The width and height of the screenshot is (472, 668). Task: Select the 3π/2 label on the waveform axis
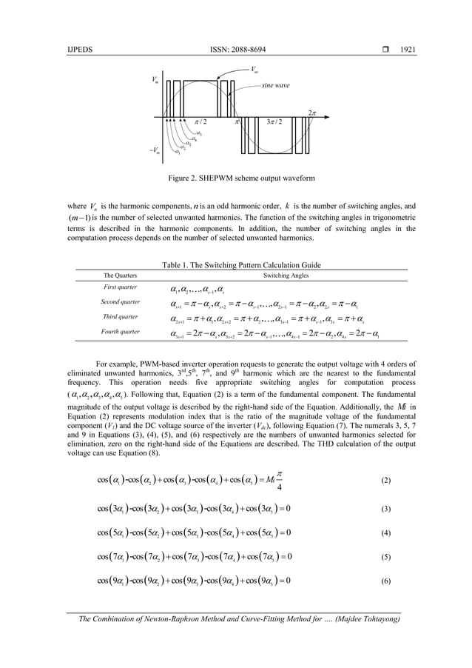pyautogui.click(x=273, y=121)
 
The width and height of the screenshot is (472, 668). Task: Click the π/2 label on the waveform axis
pyautogui.click(x=200, y=121)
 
